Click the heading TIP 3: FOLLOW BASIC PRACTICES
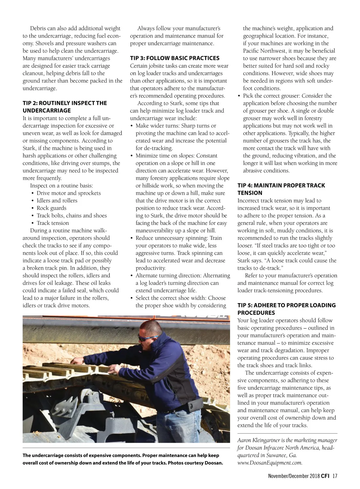tap(175, 58)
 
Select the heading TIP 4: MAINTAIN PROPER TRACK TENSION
tap(281, 189)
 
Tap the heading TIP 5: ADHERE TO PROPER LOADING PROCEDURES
tap(286, 309)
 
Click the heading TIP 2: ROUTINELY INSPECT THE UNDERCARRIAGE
tap(64, 107)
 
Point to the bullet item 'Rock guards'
tap(51, 208)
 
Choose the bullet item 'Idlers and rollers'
tap(57, 201)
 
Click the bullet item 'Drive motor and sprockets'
tap(68, 193)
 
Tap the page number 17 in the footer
tap(335, 476)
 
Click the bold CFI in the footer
tap(325, 476)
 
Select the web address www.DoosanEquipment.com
tap(270, 463)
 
